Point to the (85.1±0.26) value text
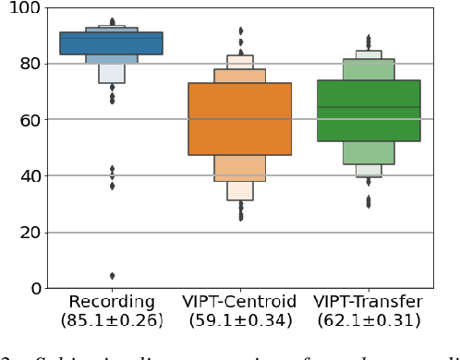pyautogui.click(x=112, y=321)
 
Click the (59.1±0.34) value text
pyautogui.click(x=240, y=321)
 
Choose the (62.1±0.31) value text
pyautogui.click(x=368, y=321)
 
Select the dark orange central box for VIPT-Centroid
pyautogui.click(x=240, y=119)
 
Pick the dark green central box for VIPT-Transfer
pyautogui.click(x=368, y=111)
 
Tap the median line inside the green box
pyautogui.click(x=368, y=107)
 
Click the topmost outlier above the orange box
pyautogui.click(x=241, y=30)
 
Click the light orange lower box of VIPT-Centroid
pyautogui.click(x=240, y=168)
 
